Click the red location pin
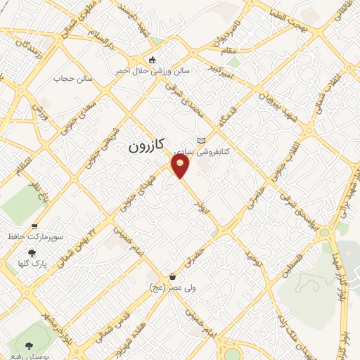[x=181, y=166]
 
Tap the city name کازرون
[x=146, y=146]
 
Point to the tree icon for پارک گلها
[x=31, y=253]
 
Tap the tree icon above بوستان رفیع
[x=29, y=345]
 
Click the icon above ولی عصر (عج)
[x=173, y=276]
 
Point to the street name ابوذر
[x=200, y=209]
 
